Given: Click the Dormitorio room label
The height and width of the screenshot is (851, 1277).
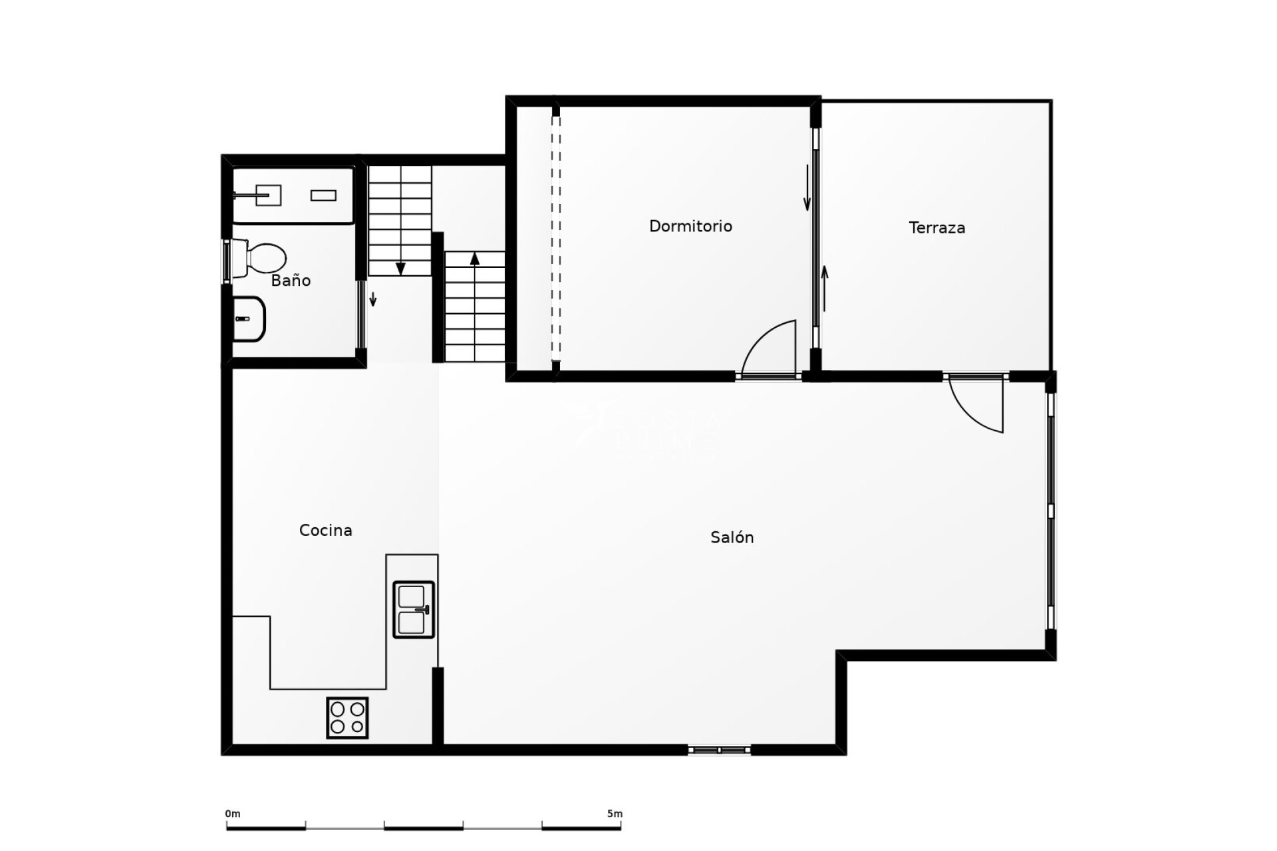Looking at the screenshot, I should pyautogui.click(x=690, y=226).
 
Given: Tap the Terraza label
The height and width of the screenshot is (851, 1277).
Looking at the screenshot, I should pyautogui.click(x=936, y=227).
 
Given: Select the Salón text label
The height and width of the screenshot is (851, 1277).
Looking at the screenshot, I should pyautogui.click(x=732, y=537).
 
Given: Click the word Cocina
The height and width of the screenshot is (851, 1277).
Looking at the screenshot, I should pyautogui.click(x=325, y=530).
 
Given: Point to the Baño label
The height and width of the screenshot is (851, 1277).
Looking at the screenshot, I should pyautogui.click(x=291, y=281).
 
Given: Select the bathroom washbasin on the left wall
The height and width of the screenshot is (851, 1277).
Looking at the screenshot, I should pyautogui.click(x=249, y=318).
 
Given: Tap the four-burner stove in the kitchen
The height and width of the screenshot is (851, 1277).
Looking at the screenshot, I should pyautogui.click(x=347, y=717).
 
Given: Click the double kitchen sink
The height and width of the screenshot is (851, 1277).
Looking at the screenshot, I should pyautogui.click(x=414, y=610).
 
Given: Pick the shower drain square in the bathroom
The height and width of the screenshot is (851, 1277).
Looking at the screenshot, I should pyautogui.click(x=268, y=195).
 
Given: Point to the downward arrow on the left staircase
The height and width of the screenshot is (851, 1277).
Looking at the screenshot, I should pyautogui.click(x=400, y=267).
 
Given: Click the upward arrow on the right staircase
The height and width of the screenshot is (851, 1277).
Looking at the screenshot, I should pyautogui.click(x=475, y=258).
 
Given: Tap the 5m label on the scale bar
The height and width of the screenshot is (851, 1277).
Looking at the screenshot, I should pyautogui.click(x=615, y=814).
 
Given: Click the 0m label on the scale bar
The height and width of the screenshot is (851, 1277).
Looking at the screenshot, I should pyautogui.click(x=232, y=814).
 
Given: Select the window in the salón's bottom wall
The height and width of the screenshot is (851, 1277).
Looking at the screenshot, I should pyautogui.click(x=719, y=750).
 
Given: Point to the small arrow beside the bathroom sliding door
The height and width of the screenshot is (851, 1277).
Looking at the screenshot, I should pyautogui.click(x=373, y=299).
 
